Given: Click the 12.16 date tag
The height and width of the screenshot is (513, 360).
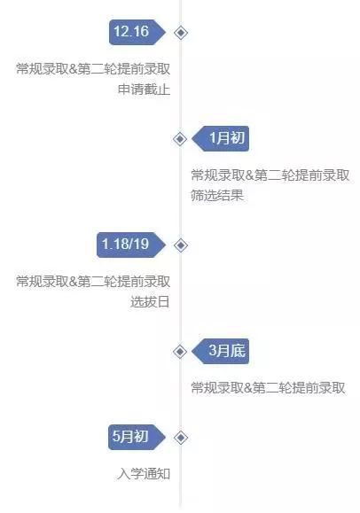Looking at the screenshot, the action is point(137,32).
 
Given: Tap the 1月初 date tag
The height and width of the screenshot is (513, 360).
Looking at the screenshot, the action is point(220,138).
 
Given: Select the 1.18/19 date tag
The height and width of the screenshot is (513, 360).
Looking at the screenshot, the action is point(131,245).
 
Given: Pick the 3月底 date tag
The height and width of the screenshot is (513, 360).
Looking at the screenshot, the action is point(220,351).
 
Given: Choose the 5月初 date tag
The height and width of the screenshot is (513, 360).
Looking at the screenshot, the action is point(137,437).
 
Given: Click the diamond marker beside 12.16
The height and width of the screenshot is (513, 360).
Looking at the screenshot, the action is point(181,33).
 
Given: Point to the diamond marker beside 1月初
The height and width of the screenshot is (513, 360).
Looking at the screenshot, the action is point(180,139).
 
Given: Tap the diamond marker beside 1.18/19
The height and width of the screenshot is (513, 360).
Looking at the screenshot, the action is point(181,245).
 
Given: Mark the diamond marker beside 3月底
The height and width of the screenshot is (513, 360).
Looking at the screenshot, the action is point(180,352).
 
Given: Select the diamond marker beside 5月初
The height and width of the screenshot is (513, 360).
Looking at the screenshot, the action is point(181,438).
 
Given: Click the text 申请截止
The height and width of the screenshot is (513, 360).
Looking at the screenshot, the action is point(145,89).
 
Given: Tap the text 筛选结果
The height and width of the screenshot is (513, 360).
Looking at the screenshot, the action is point(217,195).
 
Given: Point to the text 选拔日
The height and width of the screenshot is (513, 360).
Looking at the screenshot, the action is point(150,301).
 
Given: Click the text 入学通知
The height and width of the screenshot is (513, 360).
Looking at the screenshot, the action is point(144,473).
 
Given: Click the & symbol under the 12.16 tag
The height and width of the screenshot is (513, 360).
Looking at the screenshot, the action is point(73,69).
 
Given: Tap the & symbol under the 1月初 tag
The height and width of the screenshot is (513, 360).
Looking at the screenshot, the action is point(249,175).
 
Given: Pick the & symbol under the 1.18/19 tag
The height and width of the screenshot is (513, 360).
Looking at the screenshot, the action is point(73,282).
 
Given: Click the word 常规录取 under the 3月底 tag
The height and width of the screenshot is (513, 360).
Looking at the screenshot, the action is point(217,388).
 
